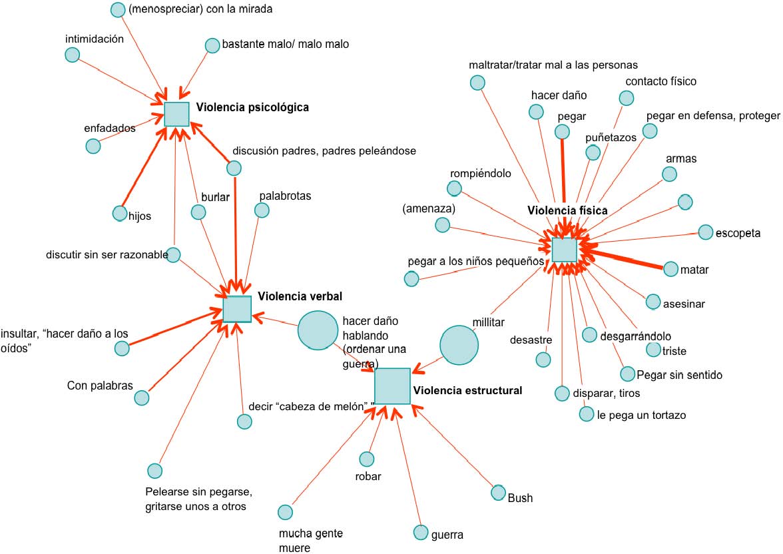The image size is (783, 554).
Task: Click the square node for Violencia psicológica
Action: click(x=176, y=114)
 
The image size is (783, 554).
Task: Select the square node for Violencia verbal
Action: click(x=237, y=309)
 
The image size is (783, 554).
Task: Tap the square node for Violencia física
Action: click(x=564, y=249)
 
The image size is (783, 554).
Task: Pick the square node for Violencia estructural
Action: click(x=392, y=386)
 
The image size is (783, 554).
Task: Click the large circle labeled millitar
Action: click(x=459, y=345)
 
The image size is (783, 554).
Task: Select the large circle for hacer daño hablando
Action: click(x=318, y=330)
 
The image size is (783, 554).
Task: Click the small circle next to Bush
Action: click(x=498, y=492)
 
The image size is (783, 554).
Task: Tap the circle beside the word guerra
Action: click(x=421, y=532)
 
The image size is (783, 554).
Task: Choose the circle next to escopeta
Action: click(x=705, y=232)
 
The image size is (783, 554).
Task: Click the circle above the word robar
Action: click(x=367, y=459)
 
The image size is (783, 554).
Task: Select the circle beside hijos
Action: click(x=119, y=213)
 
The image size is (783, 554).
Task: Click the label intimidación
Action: click(x=95, y=39)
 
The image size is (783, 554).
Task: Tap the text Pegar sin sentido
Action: click(x=679, y=375)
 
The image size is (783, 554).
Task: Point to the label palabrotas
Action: click(x=285, y=196)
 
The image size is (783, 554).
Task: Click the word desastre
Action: click(x=531, y=340)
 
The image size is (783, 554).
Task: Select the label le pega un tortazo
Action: click(x=641, y=415)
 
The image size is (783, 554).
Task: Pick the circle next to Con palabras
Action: click(x=142, y=398)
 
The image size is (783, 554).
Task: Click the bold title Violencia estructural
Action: click(x=467, y=391)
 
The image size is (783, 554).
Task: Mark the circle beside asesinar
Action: click(x=653, y=301)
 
